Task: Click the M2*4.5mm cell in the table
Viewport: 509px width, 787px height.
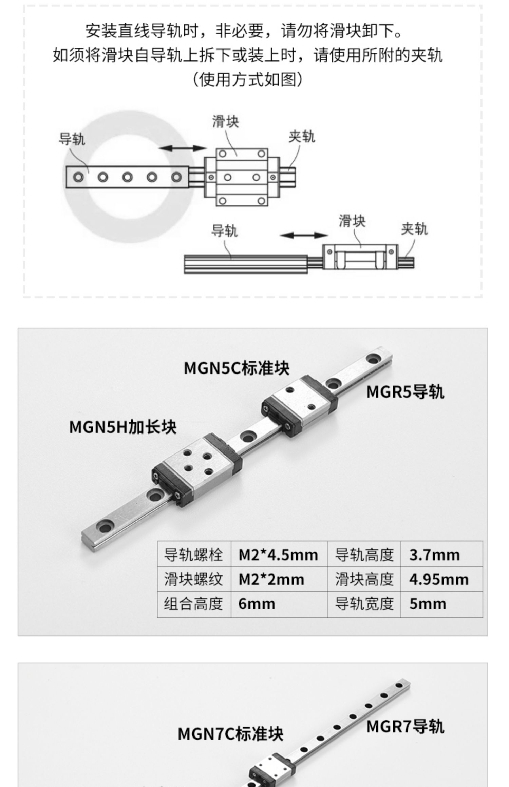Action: coord(278,555)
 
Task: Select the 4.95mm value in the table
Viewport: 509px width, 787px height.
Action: coord(439,579)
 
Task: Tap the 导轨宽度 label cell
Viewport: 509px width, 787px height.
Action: coord(364,604)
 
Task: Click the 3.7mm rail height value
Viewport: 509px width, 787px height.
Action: coord(434,555)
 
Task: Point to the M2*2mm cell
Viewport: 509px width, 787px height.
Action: coord(271,579)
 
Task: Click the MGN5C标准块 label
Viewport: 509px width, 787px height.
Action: coord(237,368)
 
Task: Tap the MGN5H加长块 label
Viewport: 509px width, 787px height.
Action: coord(122,427)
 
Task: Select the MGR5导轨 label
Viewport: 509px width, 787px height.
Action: coord(405,392)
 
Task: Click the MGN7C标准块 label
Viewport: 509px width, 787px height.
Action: coord(230,734)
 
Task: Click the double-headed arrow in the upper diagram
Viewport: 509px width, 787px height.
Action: coord(183,148)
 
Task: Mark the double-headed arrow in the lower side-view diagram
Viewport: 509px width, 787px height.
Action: coord(303,235)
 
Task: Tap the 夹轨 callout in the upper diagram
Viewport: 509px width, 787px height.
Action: coord(302,137)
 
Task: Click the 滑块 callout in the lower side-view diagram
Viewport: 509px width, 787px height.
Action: coord(352,221)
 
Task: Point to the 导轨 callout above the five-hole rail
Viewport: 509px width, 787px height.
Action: coord(72,139)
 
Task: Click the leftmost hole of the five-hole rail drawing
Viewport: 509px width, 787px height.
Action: coord(79,177)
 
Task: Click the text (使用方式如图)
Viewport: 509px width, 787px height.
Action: coord(247,80)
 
